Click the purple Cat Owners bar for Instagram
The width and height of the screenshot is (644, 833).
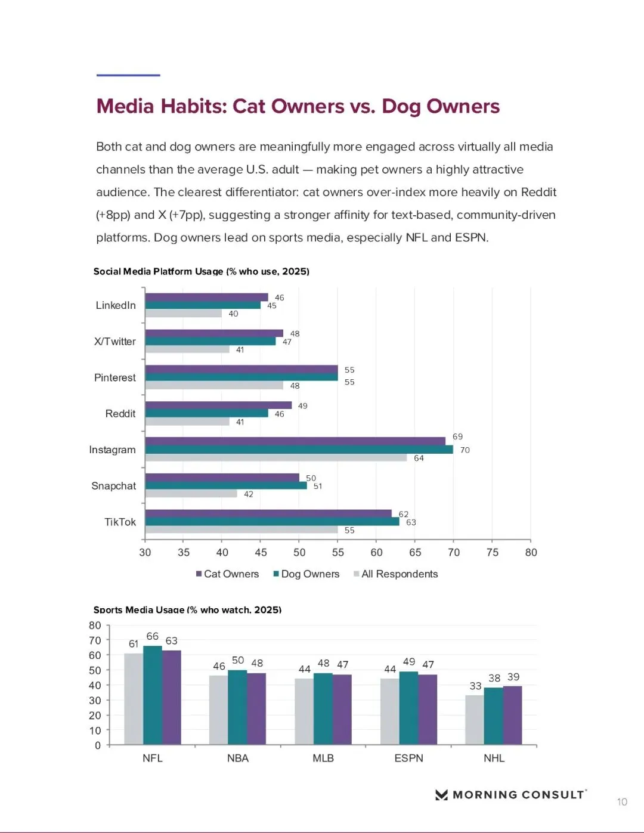click(x=295, y=441)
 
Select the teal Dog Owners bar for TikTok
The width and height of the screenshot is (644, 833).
click(x=272, y=522)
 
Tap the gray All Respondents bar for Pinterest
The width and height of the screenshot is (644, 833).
click(x=214, y=386)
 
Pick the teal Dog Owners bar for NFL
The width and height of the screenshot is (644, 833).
click(x=153, y=695)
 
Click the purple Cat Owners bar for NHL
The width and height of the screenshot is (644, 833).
click(x=512, y=716)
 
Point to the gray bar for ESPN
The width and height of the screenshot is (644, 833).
click(x=390, y=711)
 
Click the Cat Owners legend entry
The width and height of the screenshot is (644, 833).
click(x=227, y=574)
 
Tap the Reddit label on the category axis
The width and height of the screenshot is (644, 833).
click(x=120, y=414)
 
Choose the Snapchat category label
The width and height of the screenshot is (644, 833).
click(x=113, y=486)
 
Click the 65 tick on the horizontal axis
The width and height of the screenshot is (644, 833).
click(x=415, y=553)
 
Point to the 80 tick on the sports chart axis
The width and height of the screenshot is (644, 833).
click(x=95, y=625)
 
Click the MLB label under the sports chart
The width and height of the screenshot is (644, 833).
click(x=323, y=758)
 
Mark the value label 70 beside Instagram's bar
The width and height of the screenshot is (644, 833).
click(x=465, y=450)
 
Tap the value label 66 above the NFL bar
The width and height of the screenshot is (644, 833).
click(x=153, y=637)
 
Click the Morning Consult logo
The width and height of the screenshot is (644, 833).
click(x=510, y=795)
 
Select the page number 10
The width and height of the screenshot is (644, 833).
click(x=622, y=802)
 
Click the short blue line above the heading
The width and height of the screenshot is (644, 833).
click(x=128, y=75)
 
